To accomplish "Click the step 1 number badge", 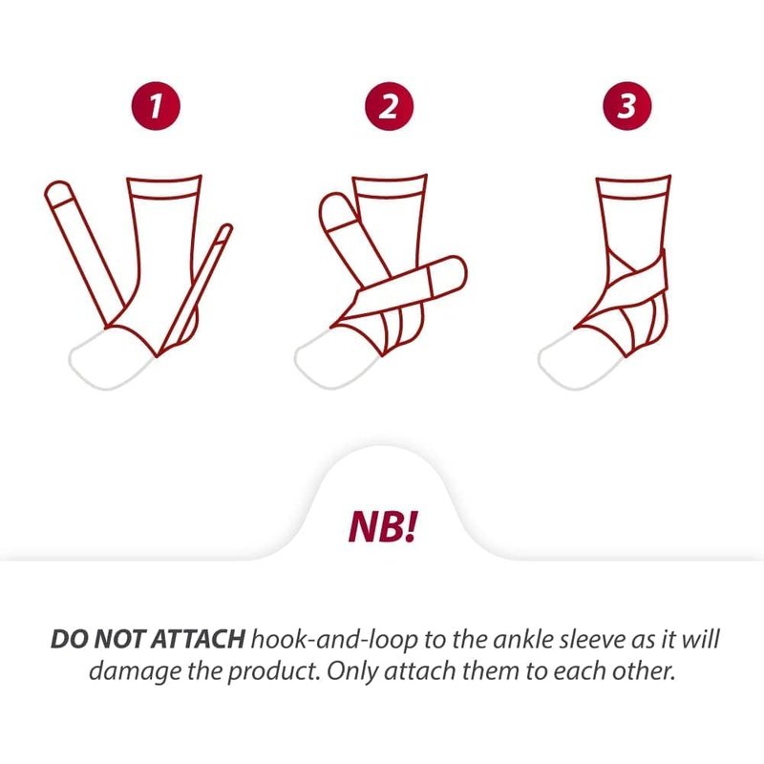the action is (156, 106).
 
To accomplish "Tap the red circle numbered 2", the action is (389, 106).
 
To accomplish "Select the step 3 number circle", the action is (627, 106).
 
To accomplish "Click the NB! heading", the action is (384, 527).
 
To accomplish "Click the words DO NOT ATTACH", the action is (148, 639).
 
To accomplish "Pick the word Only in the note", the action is (352, 671).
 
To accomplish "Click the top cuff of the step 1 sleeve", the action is (164, 187).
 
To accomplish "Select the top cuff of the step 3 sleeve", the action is (633, 187).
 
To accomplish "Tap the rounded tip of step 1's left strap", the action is (58, 194).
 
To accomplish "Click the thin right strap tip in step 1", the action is (225, 231).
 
